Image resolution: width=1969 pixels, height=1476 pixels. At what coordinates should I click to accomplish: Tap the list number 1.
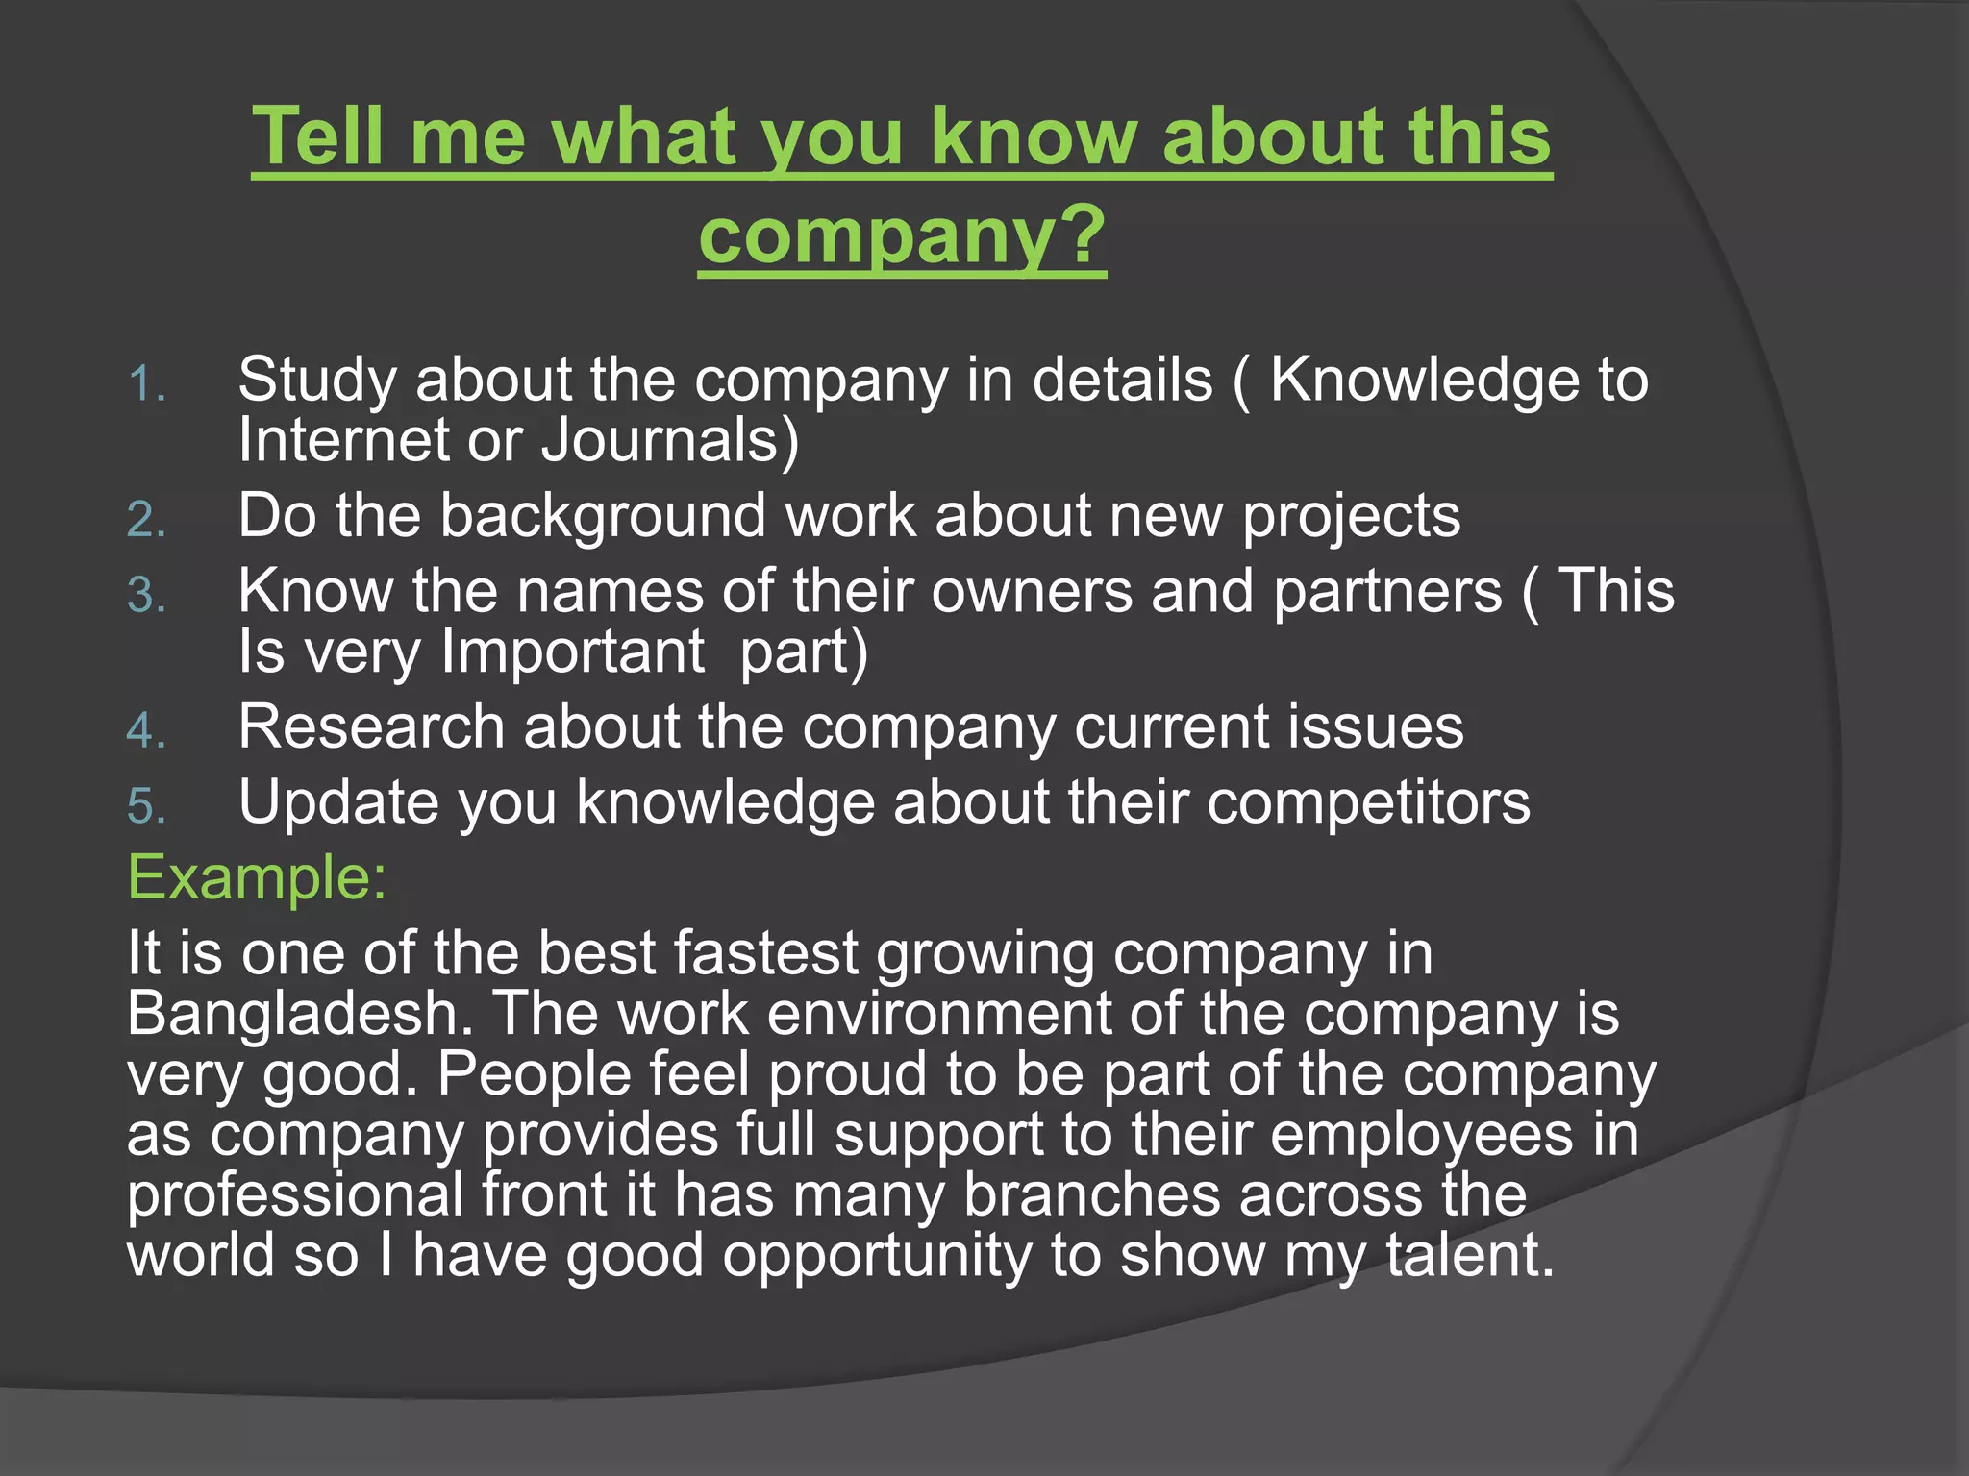(147, 384)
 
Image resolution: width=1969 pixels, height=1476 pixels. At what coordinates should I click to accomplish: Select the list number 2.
(147, 521)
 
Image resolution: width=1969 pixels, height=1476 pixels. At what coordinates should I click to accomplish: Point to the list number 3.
(147, 596)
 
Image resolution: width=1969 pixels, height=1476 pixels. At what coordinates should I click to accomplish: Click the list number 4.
(147, 731)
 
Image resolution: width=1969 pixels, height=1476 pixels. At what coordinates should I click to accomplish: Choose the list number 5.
(147, 806)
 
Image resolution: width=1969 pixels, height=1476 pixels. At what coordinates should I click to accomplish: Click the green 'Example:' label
(257, 877)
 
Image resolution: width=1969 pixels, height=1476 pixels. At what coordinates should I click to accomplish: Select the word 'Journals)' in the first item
(670, 440)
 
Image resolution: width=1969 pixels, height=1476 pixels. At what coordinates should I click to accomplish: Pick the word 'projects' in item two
(1351, 516)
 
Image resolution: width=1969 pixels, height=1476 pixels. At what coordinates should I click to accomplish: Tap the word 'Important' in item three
(573, 652)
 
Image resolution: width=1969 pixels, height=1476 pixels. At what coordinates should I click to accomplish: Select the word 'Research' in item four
(371, 726)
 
